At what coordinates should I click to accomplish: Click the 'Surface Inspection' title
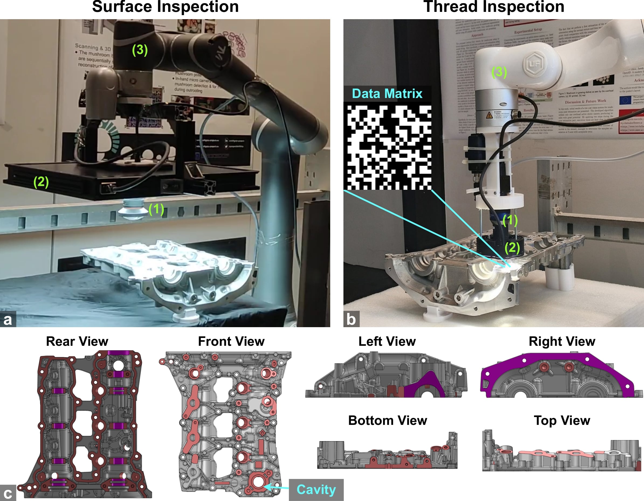(165, 7)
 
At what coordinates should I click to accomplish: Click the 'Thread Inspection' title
(494, 7)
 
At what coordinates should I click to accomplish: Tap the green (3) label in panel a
(140, 50)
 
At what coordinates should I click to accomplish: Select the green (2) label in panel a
(41, 182)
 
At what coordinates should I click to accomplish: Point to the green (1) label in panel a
(156, 209)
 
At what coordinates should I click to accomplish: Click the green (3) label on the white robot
(499, 72)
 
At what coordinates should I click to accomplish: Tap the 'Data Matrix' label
(387, 94)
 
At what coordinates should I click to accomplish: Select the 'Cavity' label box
(316, 489)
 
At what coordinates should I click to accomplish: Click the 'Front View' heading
(231, 341)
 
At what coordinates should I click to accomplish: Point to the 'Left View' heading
(387, 341)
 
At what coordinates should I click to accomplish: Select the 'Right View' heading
(562, 341)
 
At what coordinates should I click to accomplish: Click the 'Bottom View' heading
(387, 420)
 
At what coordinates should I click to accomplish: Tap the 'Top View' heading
(562, 420)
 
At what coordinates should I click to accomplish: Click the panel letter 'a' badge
(8, 319)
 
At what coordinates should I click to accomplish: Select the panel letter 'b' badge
(351, 319)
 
